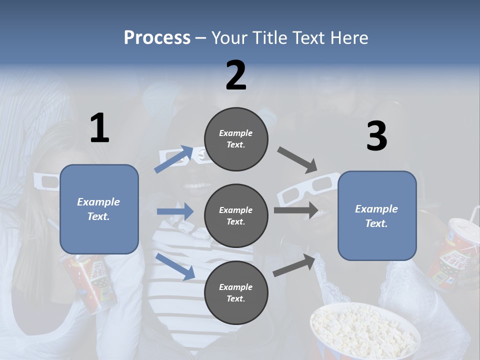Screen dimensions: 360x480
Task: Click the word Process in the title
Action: click(157, 38)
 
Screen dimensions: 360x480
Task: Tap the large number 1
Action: click(99, 128)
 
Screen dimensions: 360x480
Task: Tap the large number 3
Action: click(376, 136)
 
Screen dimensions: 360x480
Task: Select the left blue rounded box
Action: click(99, 209)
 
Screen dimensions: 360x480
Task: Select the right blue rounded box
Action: click(377, 215)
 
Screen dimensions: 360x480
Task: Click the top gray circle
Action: click(236, 139)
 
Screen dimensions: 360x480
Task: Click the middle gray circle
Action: click(236, 215)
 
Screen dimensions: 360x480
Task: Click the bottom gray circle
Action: click(236, 292)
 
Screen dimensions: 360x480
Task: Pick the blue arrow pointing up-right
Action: click(173, 159)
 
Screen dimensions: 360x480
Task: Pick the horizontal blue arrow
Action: click(175, 211)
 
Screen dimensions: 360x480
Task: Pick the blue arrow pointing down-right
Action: click(175, 266)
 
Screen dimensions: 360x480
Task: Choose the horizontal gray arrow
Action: click(295, 210)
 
